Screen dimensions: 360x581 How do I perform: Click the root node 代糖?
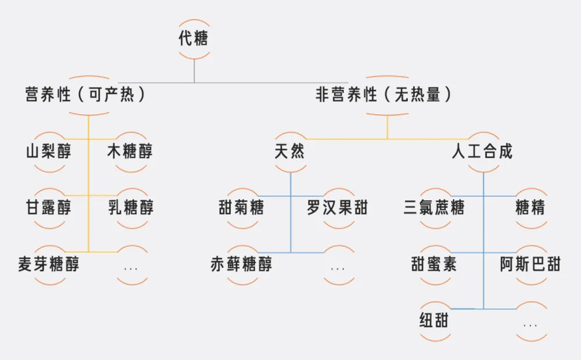193,39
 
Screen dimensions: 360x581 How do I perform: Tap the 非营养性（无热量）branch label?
383,95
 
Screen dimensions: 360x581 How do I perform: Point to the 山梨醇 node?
48,152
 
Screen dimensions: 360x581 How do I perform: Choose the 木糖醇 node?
130,152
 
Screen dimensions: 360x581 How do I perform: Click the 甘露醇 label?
48,207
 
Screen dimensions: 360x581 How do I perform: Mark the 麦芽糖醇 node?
49,265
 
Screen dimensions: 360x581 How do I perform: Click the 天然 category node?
289,152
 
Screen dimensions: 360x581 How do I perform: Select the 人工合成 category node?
482,152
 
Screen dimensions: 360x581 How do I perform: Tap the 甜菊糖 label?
241,207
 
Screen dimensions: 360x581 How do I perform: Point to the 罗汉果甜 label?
338,207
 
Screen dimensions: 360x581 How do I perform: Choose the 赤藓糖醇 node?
241,265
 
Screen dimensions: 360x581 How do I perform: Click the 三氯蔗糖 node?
434,207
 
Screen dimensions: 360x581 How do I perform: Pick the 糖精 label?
530,207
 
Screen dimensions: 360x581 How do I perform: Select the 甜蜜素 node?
434,265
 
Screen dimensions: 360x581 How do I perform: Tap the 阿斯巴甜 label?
530,265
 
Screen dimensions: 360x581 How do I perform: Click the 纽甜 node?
434,320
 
